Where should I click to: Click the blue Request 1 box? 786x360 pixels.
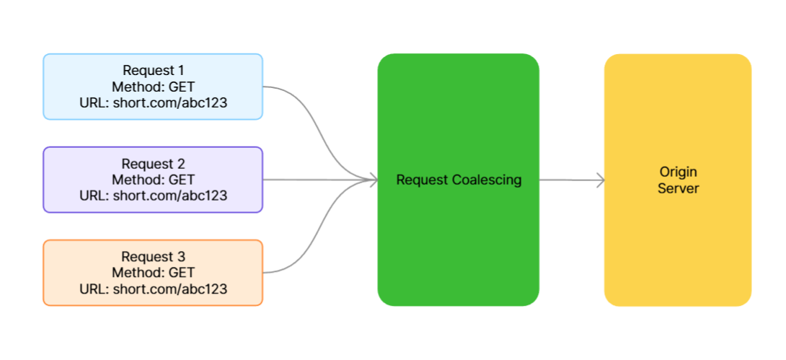pos(153,87)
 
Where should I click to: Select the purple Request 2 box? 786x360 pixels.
pos(153,180)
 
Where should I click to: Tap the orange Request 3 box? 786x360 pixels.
pos(153,273)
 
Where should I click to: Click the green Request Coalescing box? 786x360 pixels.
pos(458,180)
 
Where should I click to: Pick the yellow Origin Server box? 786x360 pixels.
pos(678,180)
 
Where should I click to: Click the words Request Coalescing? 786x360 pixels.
pos(459,180)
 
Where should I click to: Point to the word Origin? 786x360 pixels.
pos(679,172)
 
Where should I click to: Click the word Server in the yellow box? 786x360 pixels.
pos(679,188)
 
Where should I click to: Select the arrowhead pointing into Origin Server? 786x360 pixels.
pos(601,180)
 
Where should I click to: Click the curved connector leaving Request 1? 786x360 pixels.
pos(320,133)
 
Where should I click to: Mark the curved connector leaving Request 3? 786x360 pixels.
pos(320,226)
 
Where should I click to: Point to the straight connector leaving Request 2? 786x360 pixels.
pos(320,180)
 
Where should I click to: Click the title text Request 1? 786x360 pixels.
pos(154,71)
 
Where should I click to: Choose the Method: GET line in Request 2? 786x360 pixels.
pos(154,180)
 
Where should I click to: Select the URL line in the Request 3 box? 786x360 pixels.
pos(154,289)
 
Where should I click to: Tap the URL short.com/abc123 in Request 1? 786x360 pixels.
pos(170,103)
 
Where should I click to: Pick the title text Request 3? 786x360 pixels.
pos(154,257)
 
